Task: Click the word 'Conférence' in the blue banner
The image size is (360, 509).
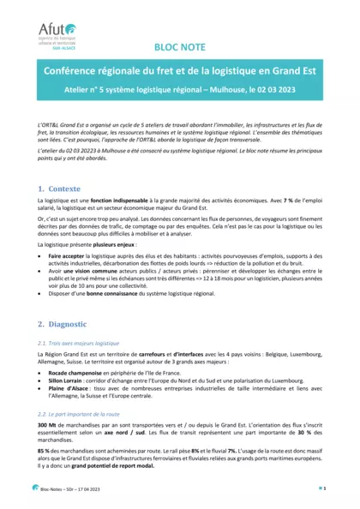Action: pos(76,75)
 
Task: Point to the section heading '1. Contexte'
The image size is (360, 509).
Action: pos(59,188)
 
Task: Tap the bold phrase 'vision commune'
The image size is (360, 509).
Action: pos(99,270)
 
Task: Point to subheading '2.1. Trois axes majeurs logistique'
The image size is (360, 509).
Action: pos(81,342)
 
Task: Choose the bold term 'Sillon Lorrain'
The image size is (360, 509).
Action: pos(69,383)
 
